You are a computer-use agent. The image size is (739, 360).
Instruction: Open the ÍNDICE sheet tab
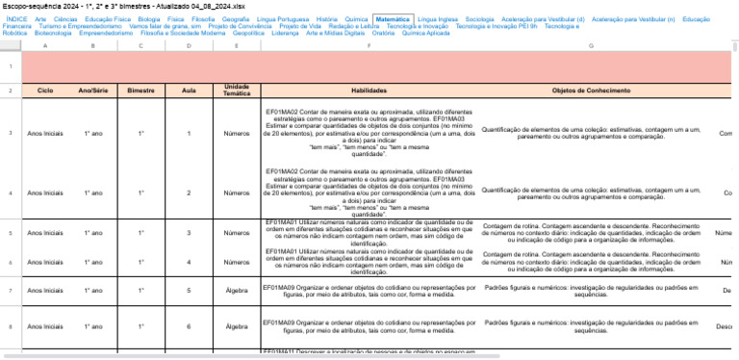coord(16,18)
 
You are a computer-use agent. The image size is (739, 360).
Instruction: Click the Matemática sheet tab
coord(393,18)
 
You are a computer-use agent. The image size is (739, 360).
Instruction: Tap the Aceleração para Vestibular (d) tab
coord(543,18)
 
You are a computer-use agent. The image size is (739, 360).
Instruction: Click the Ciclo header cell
coord(45,90)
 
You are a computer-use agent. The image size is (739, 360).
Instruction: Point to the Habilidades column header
coord(369,90)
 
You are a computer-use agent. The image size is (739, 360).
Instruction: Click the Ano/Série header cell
coord(93,90)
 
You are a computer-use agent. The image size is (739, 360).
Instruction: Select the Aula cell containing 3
coord(189,232)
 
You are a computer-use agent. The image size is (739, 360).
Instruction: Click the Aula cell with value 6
coord(189,326)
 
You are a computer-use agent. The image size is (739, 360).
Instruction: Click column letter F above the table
coord(369,45)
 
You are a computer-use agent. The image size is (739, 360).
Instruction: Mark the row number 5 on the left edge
coord(10,232)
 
